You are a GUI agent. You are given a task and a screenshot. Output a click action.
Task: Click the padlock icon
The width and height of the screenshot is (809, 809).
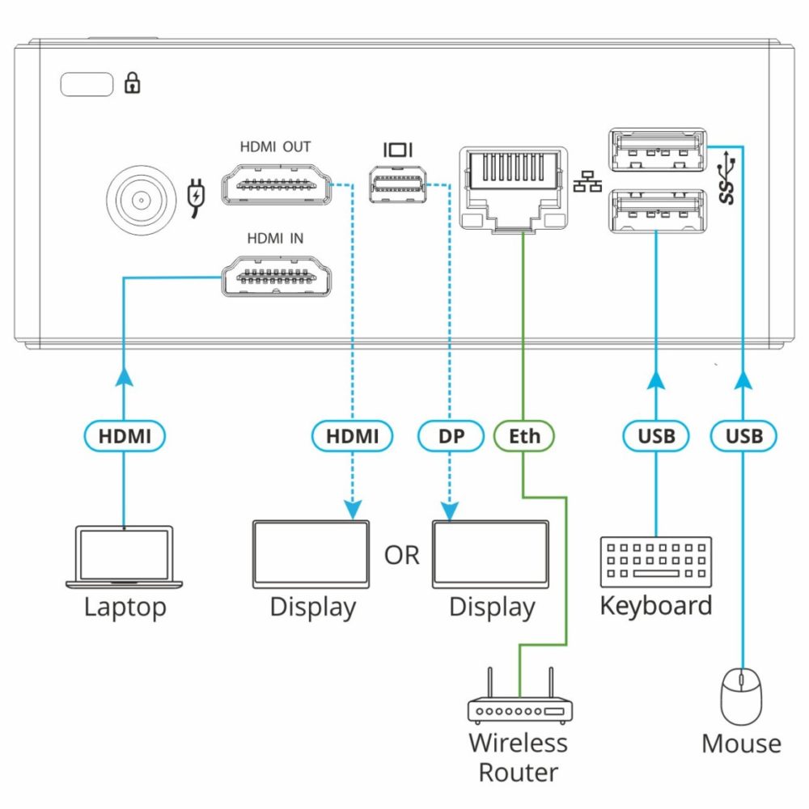[132, 83]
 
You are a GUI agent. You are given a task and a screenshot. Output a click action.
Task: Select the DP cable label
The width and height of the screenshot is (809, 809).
[452, 436]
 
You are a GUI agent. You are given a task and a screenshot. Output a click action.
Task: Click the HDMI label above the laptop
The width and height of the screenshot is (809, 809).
[125, 436]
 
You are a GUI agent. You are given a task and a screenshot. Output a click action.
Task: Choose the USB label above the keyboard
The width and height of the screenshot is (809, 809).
[656, 436]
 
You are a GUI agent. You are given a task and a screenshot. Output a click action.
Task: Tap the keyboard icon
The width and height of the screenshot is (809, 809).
[656, 561]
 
